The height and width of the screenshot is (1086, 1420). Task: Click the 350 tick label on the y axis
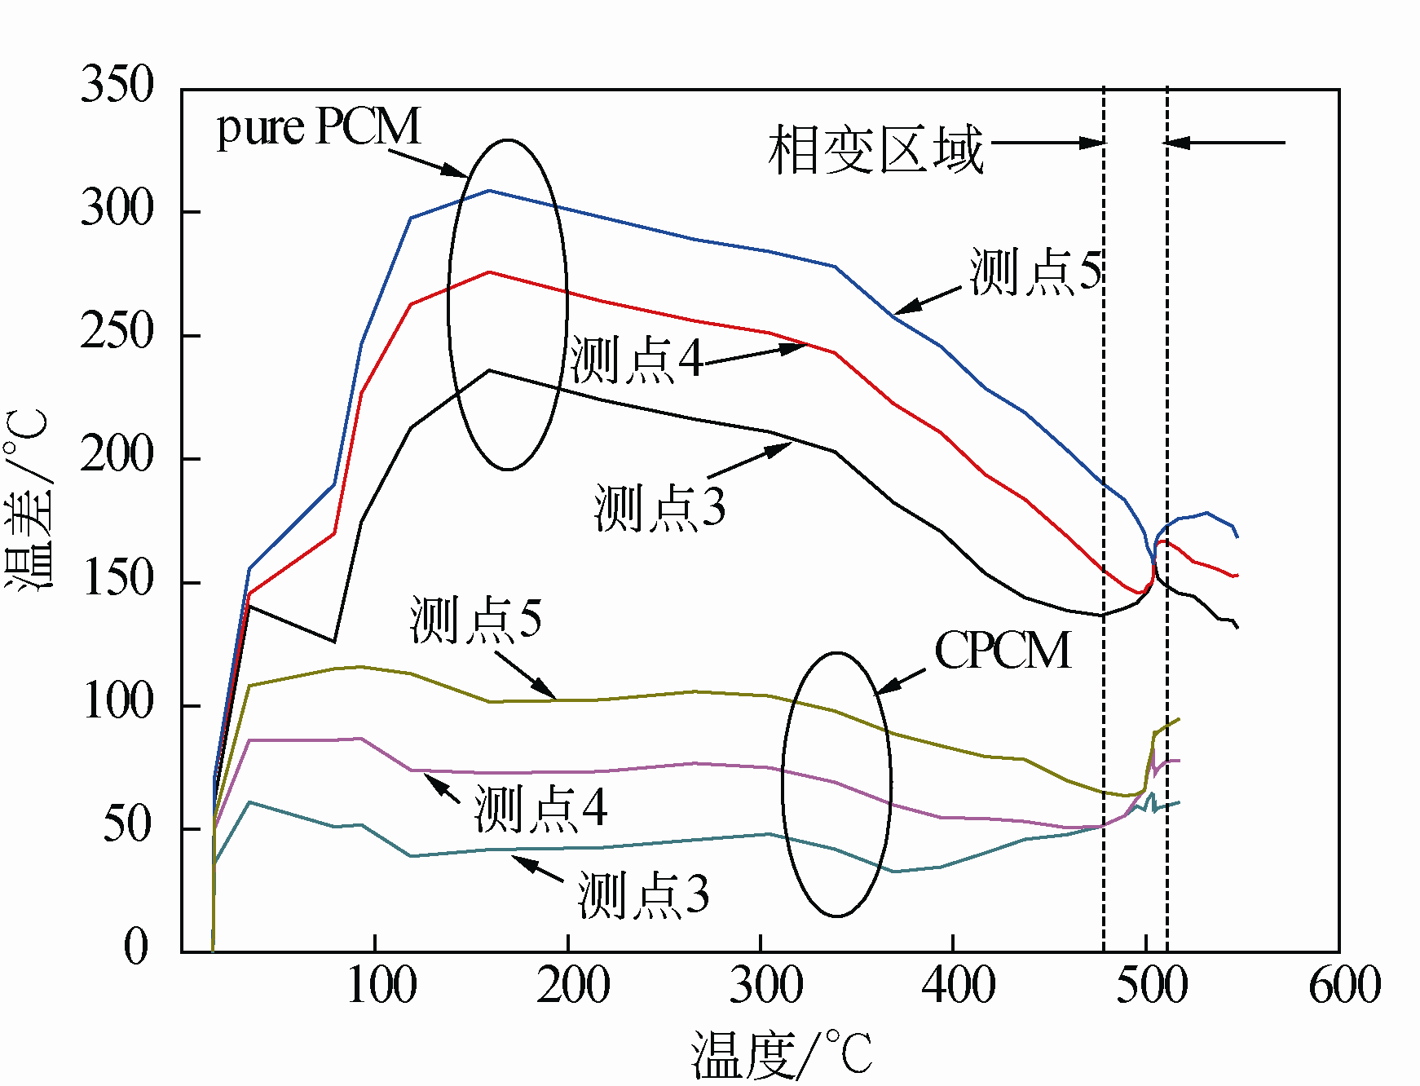(x=117, y=85)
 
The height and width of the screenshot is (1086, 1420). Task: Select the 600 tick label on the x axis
(x=1345, y=985)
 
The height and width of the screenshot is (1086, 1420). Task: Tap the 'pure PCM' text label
(x=319, y=128)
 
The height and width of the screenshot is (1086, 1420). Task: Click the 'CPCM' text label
(x=1003, y=651)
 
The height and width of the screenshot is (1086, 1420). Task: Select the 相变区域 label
(x=875, y=150)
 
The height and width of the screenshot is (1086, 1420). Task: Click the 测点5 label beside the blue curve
(x=1036, y=271)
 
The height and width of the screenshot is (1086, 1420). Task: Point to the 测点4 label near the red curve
(x=637, y=360)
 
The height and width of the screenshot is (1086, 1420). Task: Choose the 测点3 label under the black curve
(x=659, y=508)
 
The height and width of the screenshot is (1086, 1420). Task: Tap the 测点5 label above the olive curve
(x=475, y=619)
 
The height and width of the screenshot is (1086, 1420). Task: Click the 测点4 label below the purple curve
(x=541, y=808)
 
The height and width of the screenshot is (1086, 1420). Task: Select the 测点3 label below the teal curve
(x=643, y=895)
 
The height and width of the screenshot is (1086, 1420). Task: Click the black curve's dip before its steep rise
(x=334, y=642)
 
